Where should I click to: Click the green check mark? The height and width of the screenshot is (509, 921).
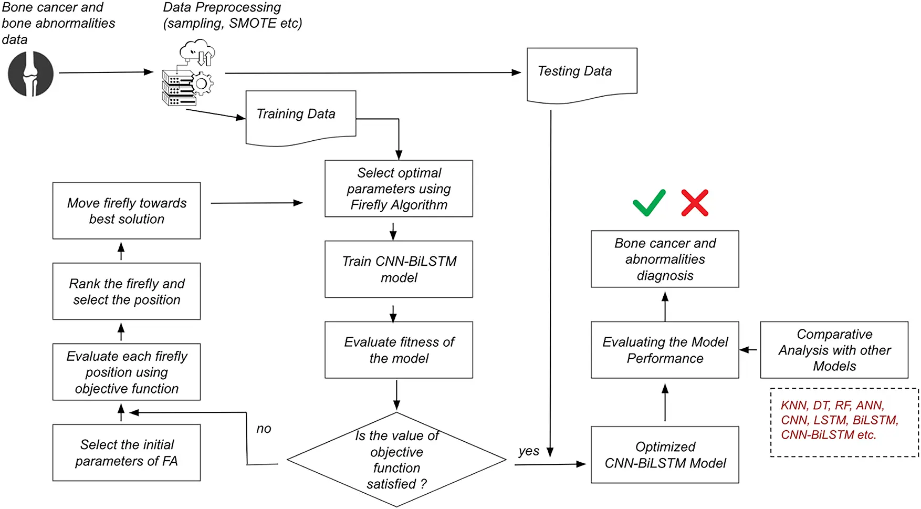649,203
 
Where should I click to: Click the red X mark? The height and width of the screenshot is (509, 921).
695,203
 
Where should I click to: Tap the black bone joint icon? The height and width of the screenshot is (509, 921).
30,74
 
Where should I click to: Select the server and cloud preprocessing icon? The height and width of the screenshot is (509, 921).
189,74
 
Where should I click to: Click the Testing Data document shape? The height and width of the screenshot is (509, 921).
582,73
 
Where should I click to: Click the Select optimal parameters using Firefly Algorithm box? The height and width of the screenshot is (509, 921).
399,189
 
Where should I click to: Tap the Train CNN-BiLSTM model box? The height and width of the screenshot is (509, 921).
399,269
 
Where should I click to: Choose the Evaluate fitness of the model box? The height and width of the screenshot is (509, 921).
399,350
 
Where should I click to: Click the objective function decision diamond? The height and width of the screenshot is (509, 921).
396,460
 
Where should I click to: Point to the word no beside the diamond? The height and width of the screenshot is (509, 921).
264,429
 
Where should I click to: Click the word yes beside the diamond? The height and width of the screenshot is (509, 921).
528,451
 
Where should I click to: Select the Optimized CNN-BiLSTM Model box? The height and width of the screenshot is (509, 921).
665,455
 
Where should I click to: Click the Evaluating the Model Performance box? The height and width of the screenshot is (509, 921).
665,350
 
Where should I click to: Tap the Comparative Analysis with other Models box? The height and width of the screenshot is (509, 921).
834,350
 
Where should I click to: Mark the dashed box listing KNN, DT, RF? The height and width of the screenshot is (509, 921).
844,422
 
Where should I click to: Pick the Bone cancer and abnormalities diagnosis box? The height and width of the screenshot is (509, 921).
665,259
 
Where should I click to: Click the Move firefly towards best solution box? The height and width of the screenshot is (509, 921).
127,211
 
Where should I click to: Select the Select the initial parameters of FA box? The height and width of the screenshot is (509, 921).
127,453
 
